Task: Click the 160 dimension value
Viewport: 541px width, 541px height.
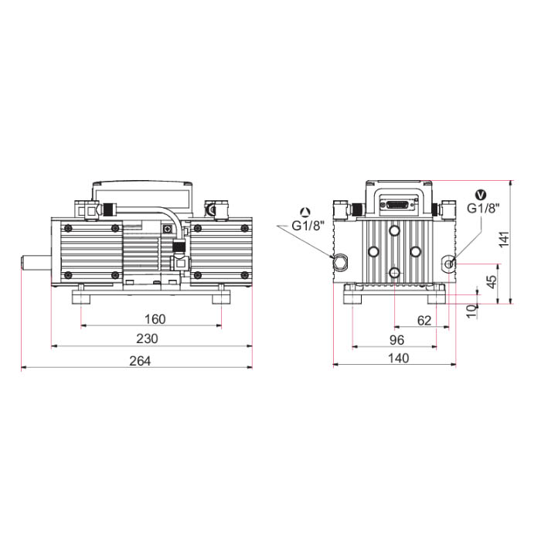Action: pyautogui.click(x=155, y=319)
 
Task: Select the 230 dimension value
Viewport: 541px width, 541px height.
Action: pyautogui.click(x=147, y=339)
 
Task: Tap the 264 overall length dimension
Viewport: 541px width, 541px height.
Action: pyautogui.click(x=140, y=361)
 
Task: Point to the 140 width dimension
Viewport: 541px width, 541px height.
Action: pyautogui.click(x=399, y=358)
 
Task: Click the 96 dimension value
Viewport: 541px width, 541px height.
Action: pyautogui.click(x=396, y=340)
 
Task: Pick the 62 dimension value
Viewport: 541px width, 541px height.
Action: pyautogui.click(x=424, y=321)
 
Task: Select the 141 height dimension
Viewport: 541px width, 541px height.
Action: pyautogui.click(x=504, y=239)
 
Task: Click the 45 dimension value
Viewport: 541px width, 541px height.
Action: pyautogui.click(x=492, y=281)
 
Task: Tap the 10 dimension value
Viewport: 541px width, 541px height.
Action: pyautogui.click(x=471, y=311)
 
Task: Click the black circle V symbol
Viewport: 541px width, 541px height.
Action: pyautogui.click(x=481, y=195)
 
